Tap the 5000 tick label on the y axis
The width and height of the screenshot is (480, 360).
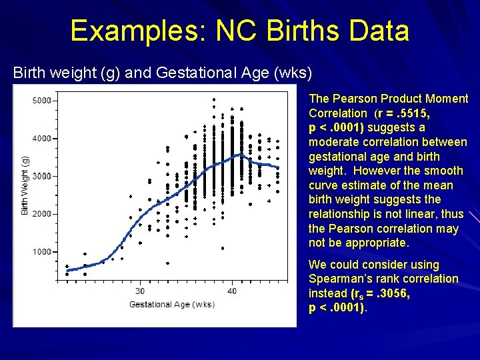pyautogui.click(x=41, y=101)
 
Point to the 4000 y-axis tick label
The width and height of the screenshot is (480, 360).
pyautogui.click(x=41, y=139)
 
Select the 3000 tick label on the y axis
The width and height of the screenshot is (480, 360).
pyautogui.click(x=41, y=177)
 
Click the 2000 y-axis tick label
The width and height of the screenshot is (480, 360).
pyautogui.click(x=41, y=214)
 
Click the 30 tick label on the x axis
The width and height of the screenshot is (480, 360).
pyautogui.click(x=140, y=291)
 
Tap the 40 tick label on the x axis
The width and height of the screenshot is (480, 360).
pyautogui.click(x=232, y=291)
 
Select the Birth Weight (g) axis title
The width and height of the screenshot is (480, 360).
pyautogui.click(x=25, y=185)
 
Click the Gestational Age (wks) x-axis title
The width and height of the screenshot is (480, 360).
pyautogui.click(x=171, y=305)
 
